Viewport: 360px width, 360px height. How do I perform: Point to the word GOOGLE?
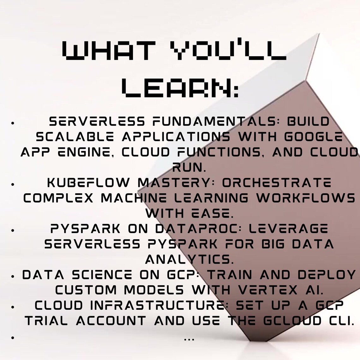(x=313, y=137)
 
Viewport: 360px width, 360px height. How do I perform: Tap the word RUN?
(x=189, y=168)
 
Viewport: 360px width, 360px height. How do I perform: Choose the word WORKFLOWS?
(x=306, y=198)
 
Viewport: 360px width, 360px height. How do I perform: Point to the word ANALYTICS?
(x=189, y=260)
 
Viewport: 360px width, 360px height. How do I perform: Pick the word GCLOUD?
(x=292, y=321)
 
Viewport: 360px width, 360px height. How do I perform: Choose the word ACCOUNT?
(x=111, y=321)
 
